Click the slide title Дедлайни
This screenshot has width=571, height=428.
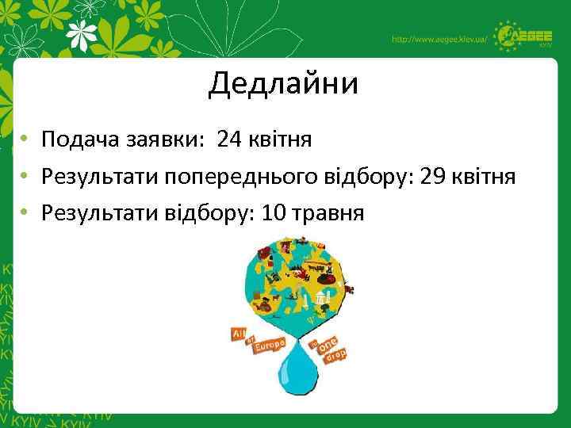point(283,83)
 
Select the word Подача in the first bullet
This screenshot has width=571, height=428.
point(80,140)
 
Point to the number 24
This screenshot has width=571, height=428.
point(231,140)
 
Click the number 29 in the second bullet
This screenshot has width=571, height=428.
point(435,176)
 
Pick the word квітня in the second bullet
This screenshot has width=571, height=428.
point(486,176)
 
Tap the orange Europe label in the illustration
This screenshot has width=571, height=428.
point(269,346)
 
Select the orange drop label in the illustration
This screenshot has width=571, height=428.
point(335,357)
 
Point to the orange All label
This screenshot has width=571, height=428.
point(238,333)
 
